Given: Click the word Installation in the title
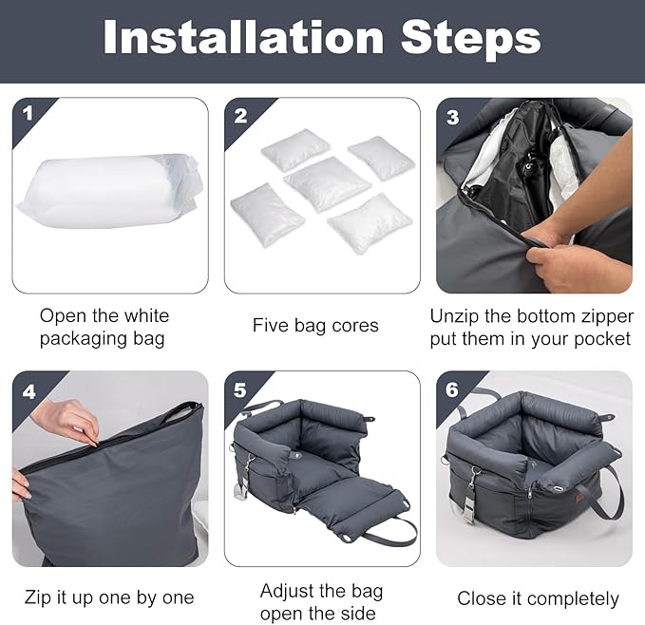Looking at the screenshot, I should click(243, 38).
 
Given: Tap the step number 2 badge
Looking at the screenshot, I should click(240, 116).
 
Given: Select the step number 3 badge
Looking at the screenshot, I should click(452, 116).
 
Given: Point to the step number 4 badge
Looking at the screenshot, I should click(28, 389).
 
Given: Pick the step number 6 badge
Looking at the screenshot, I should click(452, 389).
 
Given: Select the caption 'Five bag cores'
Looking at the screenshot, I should click(315, 326).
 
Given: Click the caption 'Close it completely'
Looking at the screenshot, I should click(538, 598).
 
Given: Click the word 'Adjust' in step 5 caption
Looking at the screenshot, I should click(286, 591).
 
